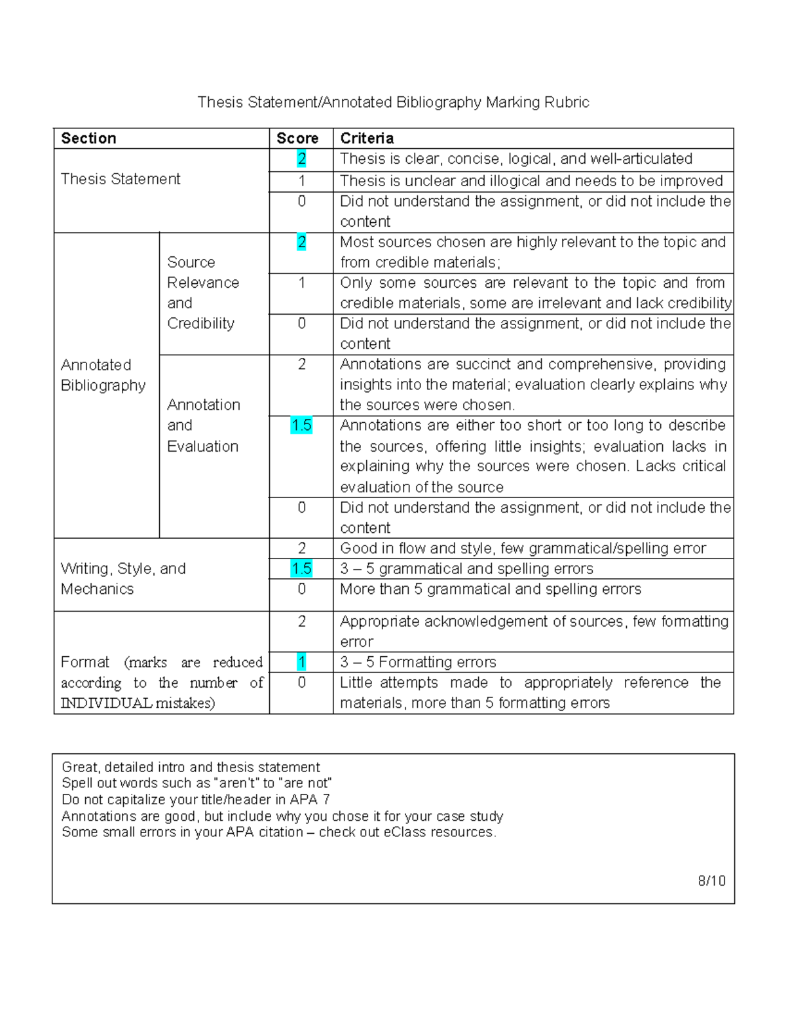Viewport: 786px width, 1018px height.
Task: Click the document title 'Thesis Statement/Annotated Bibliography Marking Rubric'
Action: (393, 102)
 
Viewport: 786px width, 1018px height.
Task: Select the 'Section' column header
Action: (88, 138)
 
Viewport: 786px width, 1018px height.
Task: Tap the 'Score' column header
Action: (297, 138)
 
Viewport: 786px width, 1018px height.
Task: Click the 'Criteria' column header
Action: (367, 138)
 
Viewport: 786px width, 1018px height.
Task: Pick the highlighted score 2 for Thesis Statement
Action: (301, 159)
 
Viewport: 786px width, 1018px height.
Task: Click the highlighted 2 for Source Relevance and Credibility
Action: (301, 242)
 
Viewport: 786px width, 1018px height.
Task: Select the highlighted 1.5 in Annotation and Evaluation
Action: (301, 425)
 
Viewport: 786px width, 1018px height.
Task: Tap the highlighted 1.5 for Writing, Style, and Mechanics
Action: (301, 568)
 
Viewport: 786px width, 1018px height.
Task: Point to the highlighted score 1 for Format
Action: (301, 662)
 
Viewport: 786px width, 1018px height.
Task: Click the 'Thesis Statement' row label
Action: (121, 179)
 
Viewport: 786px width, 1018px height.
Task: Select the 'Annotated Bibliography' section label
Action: (103, 375)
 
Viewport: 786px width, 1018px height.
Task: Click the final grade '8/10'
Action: (711, 881)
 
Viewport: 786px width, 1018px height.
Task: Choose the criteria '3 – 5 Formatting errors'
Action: (418, 662)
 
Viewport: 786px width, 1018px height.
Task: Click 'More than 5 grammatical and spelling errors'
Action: (490, 589)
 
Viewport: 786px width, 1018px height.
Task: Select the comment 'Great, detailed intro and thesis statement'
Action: (191, 767)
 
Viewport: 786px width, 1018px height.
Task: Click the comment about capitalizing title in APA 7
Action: (195, 800)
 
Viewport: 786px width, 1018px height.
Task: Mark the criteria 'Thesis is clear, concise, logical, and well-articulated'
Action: (516, 159)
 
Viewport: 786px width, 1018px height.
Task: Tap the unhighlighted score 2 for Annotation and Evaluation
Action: (301, 364)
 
